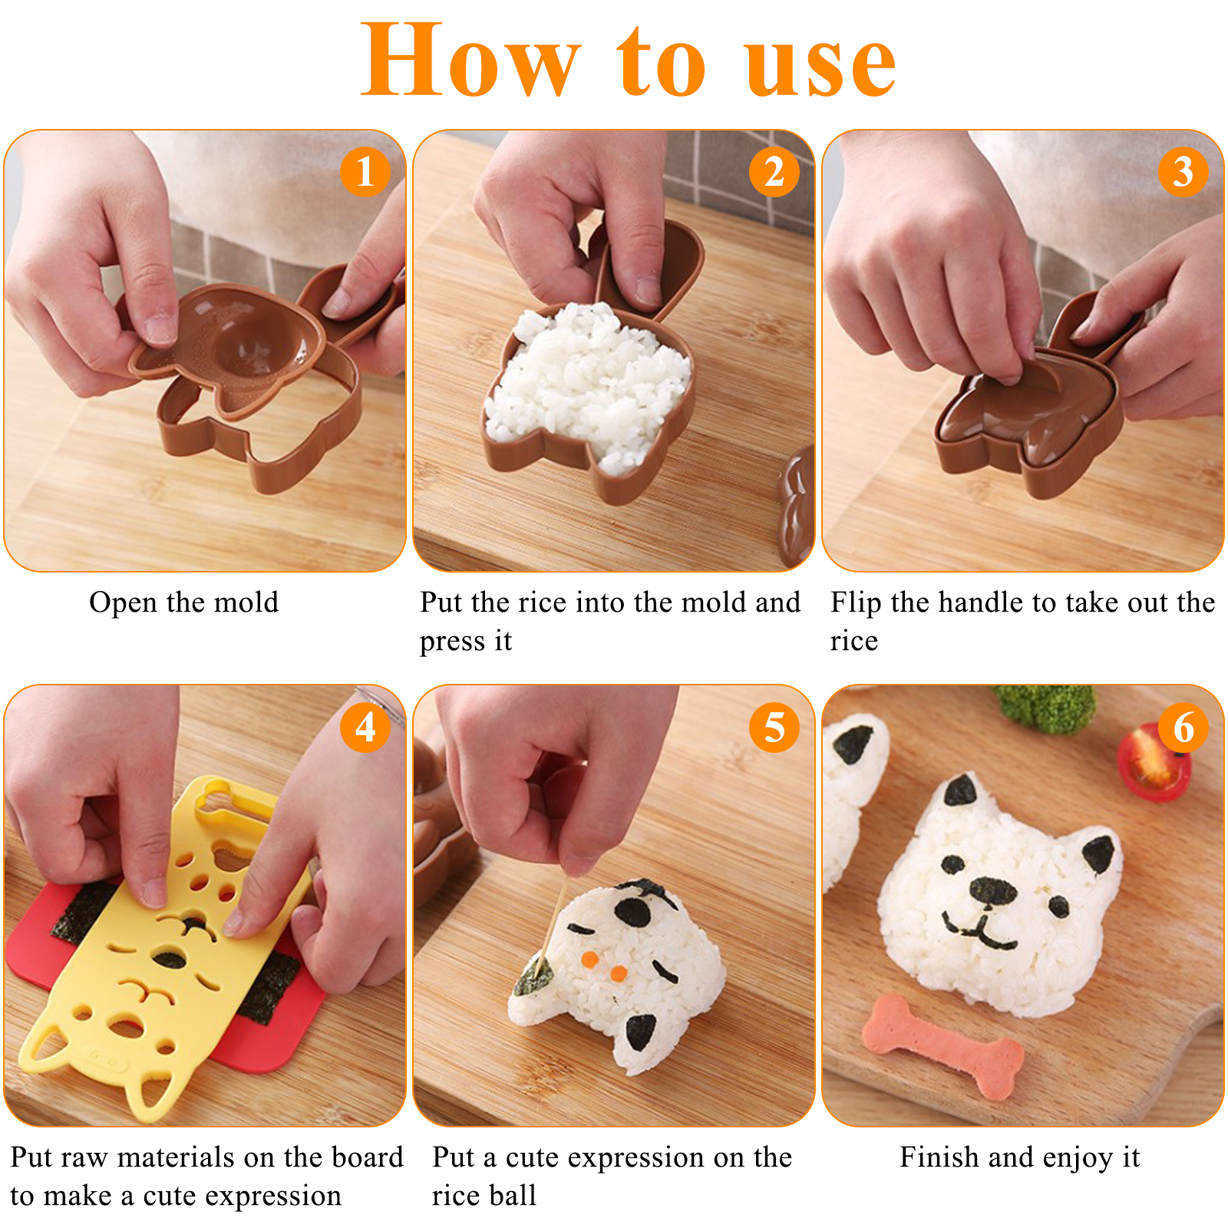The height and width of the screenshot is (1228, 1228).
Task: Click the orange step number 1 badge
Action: [365, 172]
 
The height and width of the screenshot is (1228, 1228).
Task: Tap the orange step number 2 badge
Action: [774, 172]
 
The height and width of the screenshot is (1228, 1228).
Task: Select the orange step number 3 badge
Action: [1183, 172]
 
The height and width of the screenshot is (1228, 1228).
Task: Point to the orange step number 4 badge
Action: [365, 727]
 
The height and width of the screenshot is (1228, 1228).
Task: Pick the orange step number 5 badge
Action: [774, 727]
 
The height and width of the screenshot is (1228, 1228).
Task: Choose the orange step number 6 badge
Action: [1183, 727]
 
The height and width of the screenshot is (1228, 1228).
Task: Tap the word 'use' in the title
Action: [820, 68]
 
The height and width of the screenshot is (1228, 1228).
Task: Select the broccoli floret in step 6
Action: [1045, 707]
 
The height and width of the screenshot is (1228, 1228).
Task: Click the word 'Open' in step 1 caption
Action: [124, 603]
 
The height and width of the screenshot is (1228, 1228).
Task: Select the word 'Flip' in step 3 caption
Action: [856, 603]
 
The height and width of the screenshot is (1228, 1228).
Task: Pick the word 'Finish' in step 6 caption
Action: [941, 1157]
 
